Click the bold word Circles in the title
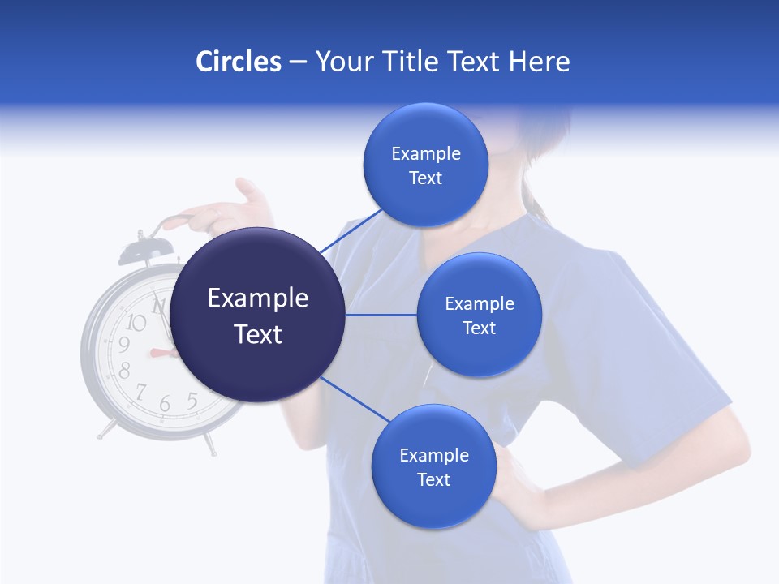(x=239, y=62)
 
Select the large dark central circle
(x=258, y=316)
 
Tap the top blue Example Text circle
(x=426, y=165)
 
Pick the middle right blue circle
(x=479, y=315)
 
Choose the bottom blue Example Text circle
(x=434, y=466)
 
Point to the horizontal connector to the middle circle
(x=381, y=315)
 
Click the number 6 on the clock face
(x=165, y=403)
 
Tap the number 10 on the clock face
(x=137, y=323)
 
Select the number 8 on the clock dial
(x=125, y=371)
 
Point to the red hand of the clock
(x=161, y=353)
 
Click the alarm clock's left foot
(x=106, y=430)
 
